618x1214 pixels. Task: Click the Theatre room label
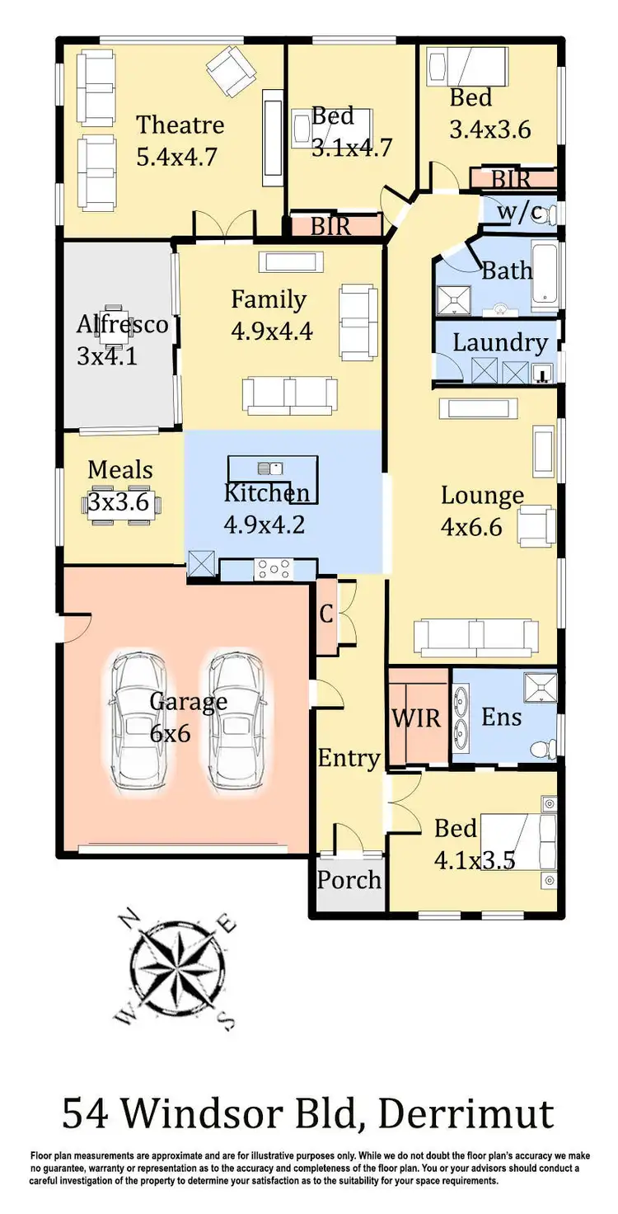click(x=180, y=125)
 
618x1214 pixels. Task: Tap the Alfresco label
click(x=122, y=324)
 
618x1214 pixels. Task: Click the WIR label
click(x=416, y=717)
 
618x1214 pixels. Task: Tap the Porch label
click(x=349, y=879)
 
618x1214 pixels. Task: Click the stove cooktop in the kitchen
click(x=273, y=568)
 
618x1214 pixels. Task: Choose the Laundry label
click(x=500, y=342)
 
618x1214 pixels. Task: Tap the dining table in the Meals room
click(x=120, y=502)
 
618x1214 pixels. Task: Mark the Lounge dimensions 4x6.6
click(x=471, y=526)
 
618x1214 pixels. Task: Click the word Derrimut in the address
click(x=466, y=1114)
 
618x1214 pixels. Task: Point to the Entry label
click(x=349, y=758)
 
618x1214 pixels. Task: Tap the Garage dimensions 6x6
click(x=171, y=732)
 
